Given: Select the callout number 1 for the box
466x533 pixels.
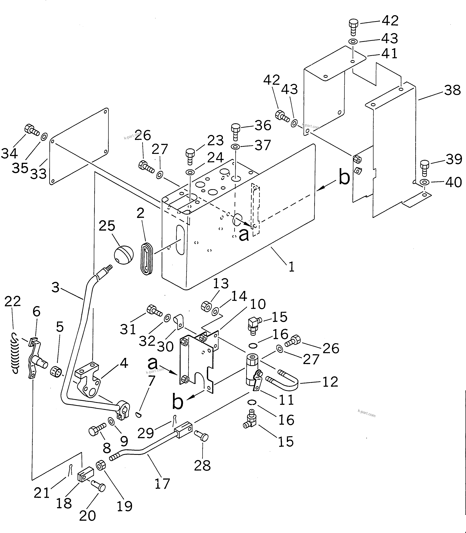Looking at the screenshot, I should [x=292, y=267].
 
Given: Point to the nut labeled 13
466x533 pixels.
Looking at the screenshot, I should [x=206, y=306].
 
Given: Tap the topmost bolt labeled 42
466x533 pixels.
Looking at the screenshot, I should [x=353, y=27].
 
